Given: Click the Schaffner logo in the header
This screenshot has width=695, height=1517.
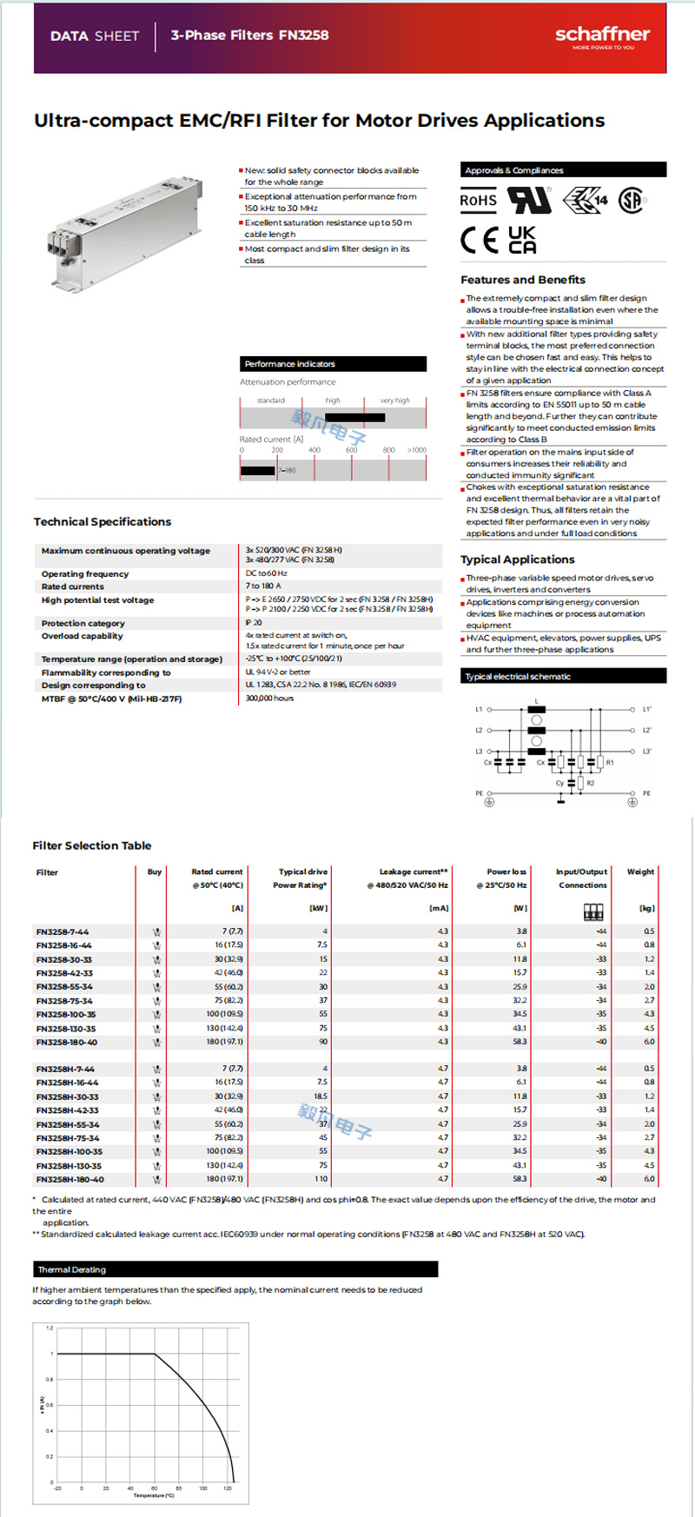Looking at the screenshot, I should point(602,36).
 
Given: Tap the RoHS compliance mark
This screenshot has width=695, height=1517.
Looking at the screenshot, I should point(478,201).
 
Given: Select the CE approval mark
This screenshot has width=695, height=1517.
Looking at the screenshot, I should point(479,240).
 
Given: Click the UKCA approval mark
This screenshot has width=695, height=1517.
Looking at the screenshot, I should point(521,240).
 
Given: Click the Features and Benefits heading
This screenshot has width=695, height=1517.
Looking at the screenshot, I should point(522,280).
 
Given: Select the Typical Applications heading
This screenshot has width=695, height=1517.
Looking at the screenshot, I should point(517,560).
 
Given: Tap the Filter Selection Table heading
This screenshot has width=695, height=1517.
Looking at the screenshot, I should point(91,845).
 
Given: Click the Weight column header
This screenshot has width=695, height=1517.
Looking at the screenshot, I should point(640,871).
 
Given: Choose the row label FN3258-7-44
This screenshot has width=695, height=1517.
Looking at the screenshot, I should point(63,931).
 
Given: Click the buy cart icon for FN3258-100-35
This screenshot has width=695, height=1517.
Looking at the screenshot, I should point(156,1014).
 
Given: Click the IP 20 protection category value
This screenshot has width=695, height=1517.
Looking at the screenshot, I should point(254,623).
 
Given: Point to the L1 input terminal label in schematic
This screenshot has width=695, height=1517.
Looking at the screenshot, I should point(478,710).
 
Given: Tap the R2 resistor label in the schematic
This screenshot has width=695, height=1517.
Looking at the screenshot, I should point(590,784).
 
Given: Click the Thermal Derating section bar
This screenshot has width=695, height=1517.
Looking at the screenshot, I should point(235,1269).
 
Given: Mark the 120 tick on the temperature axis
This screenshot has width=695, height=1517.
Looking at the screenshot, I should point(228,1488).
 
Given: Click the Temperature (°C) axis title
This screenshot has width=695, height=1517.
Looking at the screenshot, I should point(154,1495).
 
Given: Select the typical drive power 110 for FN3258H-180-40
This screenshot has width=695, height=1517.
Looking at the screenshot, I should point(321,1179).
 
